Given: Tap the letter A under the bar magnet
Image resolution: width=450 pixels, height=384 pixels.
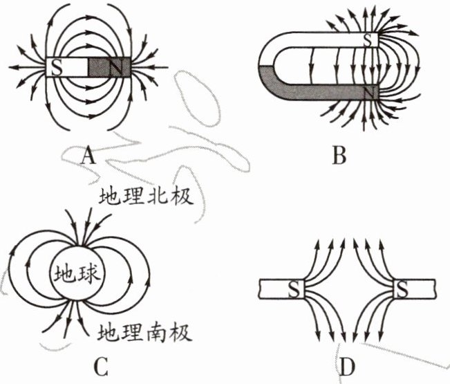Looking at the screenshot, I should click(87, 158).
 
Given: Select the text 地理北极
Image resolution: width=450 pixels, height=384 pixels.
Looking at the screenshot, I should click(144, 198).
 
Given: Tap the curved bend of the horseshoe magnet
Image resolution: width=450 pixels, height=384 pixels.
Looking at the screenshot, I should click(266, 66).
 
